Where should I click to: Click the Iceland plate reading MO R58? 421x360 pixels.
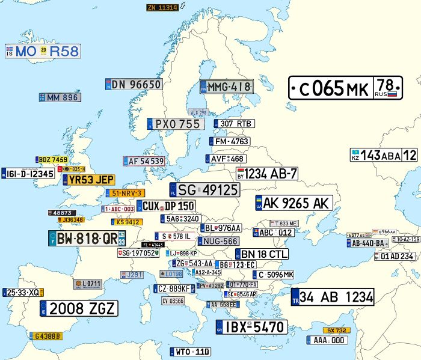tap(43, 51)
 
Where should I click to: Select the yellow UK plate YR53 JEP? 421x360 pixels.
tap(88, 180)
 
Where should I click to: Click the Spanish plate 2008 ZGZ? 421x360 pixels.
tap(79, 309)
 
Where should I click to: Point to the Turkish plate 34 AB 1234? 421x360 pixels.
tap(332, 296)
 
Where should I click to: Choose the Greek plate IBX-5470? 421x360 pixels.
tap(251, 328)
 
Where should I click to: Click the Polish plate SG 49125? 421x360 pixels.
tap(204, 190)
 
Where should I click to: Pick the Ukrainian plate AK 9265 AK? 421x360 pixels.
tap(293, 203)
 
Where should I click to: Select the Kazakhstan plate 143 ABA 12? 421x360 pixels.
tap(384, 155)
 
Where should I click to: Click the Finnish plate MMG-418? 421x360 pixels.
tap(226, 87)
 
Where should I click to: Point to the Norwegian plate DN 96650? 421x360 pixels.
tap(133, 84)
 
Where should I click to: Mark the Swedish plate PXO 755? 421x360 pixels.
tap(174, 124)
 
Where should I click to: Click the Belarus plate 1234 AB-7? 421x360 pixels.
tap(267, 174)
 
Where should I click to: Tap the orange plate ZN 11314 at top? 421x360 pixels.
tap(162, 7)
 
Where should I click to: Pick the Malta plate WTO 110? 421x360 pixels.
tap(191, 352)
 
